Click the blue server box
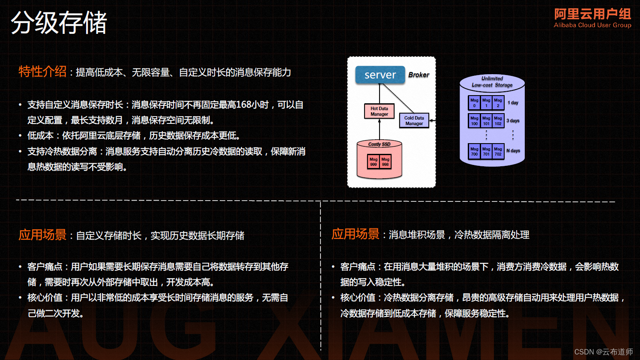(380, 75)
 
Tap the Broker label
(419, 75)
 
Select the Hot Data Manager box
(379, 111)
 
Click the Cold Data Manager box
(414, 121)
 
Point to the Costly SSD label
(379, 144)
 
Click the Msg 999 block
(374, 162)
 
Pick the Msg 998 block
(386, 162)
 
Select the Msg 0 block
(474, 103)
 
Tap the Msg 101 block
(486, 121)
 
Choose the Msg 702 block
(498, 151)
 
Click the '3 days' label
(513, 121)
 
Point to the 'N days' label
(513, 151)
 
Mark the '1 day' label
(513, 103)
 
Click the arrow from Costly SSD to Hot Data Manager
(380, 129)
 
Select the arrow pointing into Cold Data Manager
(432, 121)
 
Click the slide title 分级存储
(59, 23)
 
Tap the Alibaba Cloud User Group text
(592, 25)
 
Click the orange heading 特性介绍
(42, 72)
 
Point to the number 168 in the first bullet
(244, 105)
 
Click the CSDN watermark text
(603, 352)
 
